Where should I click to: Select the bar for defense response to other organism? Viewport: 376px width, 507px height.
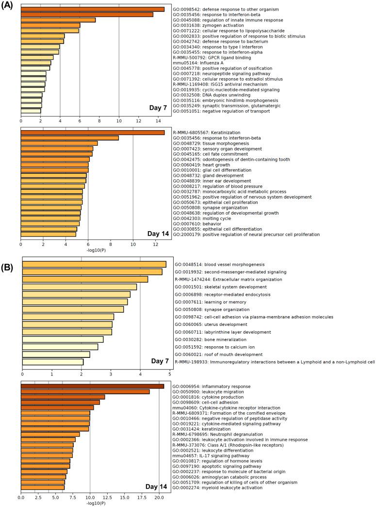pos(93,9)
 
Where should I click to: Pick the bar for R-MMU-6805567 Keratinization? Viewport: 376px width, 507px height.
pos(93,133)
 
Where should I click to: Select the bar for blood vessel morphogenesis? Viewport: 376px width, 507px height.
pos(95,264)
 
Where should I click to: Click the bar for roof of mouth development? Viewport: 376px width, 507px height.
pos(56,355)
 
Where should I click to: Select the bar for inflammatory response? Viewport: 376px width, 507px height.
pos(93,387)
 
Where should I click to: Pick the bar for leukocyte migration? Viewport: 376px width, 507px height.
pos(85,392)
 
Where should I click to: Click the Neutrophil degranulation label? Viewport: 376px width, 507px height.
pos(218,434)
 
